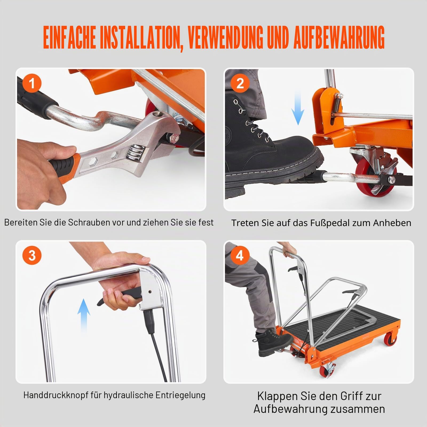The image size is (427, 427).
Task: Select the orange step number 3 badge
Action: [x=32, y=255]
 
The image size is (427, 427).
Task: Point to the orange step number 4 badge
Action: [x=240, y=255]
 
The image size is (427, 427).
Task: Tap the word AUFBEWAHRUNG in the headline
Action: [x=339, y=38]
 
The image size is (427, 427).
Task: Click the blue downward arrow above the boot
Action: [x=298, y=108]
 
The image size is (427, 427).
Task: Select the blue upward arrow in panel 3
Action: [x=84, y=316]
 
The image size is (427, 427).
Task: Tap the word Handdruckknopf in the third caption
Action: [x=56, y=395]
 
